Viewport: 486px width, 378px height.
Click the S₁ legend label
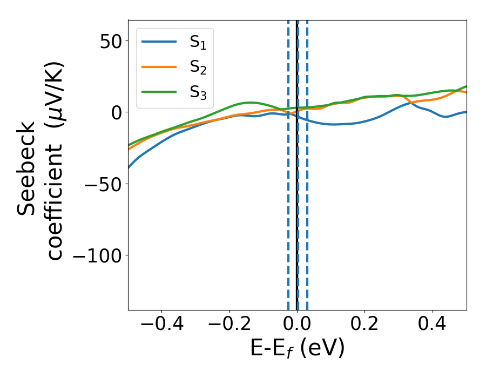point(198,43)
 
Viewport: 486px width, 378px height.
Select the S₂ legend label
point(198,68)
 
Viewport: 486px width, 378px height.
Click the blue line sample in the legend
point(159,42)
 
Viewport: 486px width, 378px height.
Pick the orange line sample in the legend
point(159,67)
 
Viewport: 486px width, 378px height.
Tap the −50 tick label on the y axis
point(103,184)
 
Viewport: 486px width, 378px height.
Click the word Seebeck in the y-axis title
point(27,168)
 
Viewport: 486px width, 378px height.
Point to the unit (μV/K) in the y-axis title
point(53,95)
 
